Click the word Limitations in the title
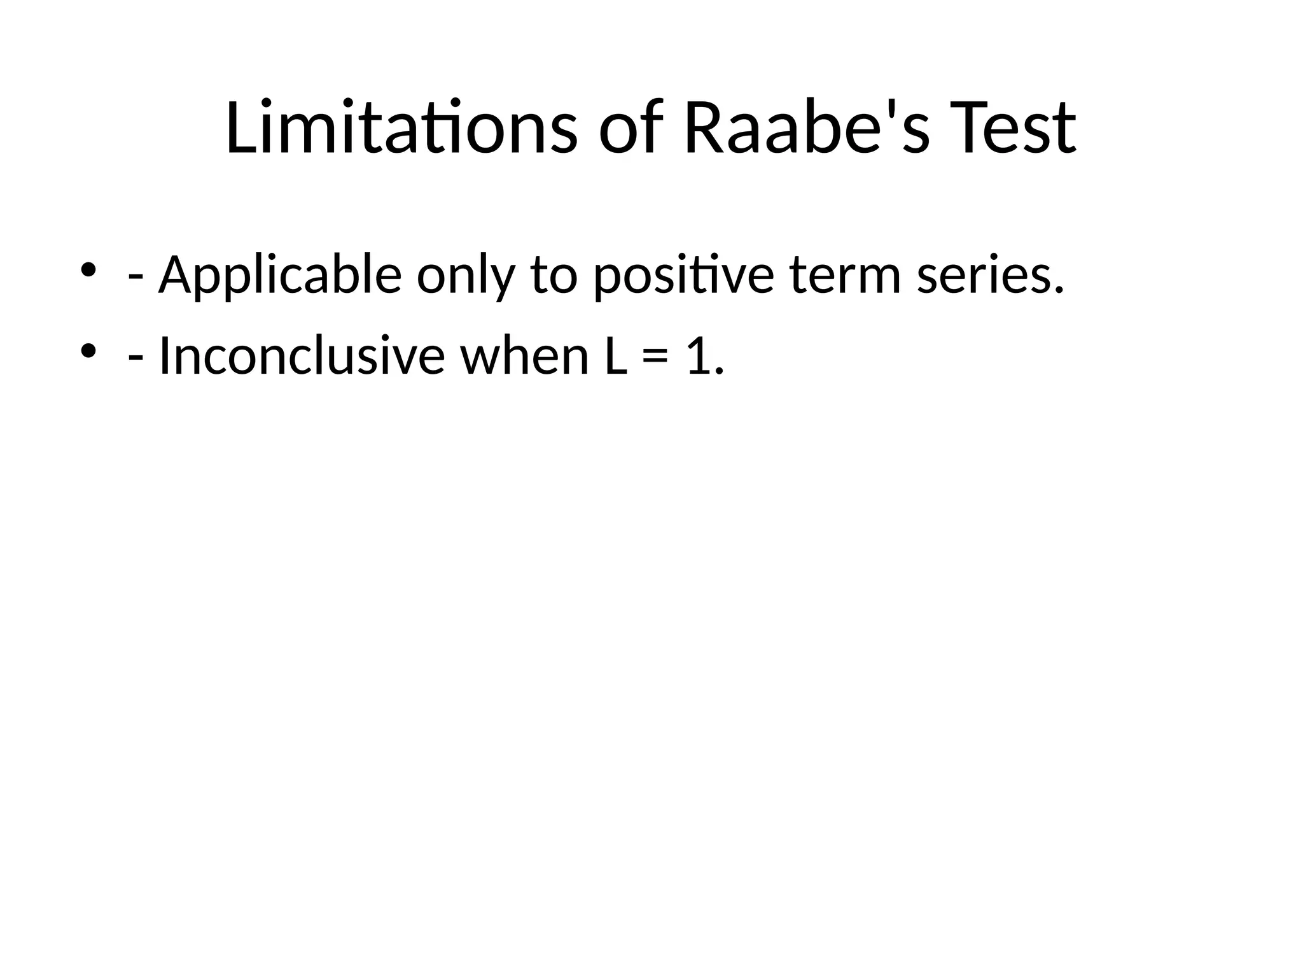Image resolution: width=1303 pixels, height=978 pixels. pyautogui.click(x=401, y=127)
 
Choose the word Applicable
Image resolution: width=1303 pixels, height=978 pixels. pyautogui.click(x=280, y=275)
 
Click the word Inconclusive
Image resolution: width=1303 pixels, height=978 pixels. pyautogui.click(x=301, y=357)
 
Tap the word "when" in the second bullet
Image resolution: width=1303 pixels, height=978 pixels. pyautogui.click(x=525, y=357)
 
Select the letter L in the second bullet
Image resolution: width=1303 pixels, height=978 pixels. pyautogui.click(x=615, y=357)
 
